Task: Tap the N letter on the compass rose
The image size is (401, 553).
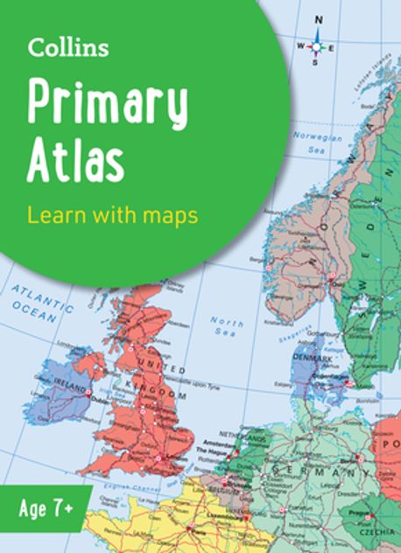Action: click(319, 19)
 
